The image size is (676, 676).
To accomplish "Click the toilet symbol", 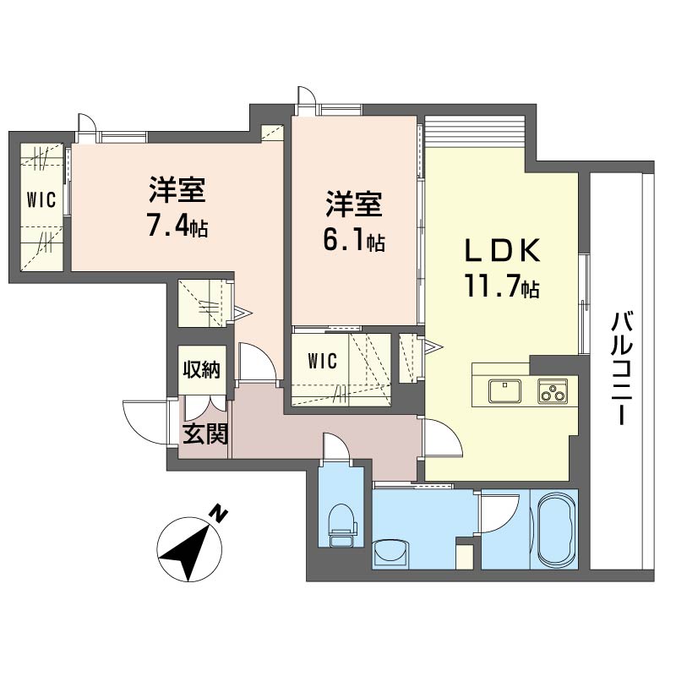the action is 343,525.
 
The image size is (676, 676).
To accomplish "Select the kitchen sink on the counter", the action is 504,390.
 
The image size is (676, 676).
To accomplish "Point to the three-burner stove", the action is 553,391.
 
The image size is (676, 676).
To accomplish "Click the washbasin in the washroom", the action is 390,553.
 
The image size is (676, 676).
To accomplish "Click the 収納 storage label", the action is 202,370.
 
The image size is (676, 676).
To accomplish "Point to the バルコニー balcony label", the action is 623,368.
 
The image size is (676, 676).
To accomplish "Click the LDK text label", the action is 502,250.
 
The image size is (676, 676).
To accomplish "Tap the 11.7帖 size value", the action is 502,286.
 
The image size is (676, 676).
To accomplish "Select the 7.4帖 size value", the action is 177,226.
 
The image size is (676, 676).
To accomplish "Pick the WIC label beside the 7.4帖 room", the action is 41,200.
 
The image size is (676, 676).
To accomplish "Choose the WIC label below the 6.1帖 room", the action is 323,361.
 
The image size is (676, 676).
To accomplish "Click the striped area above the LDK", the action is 475,132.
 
